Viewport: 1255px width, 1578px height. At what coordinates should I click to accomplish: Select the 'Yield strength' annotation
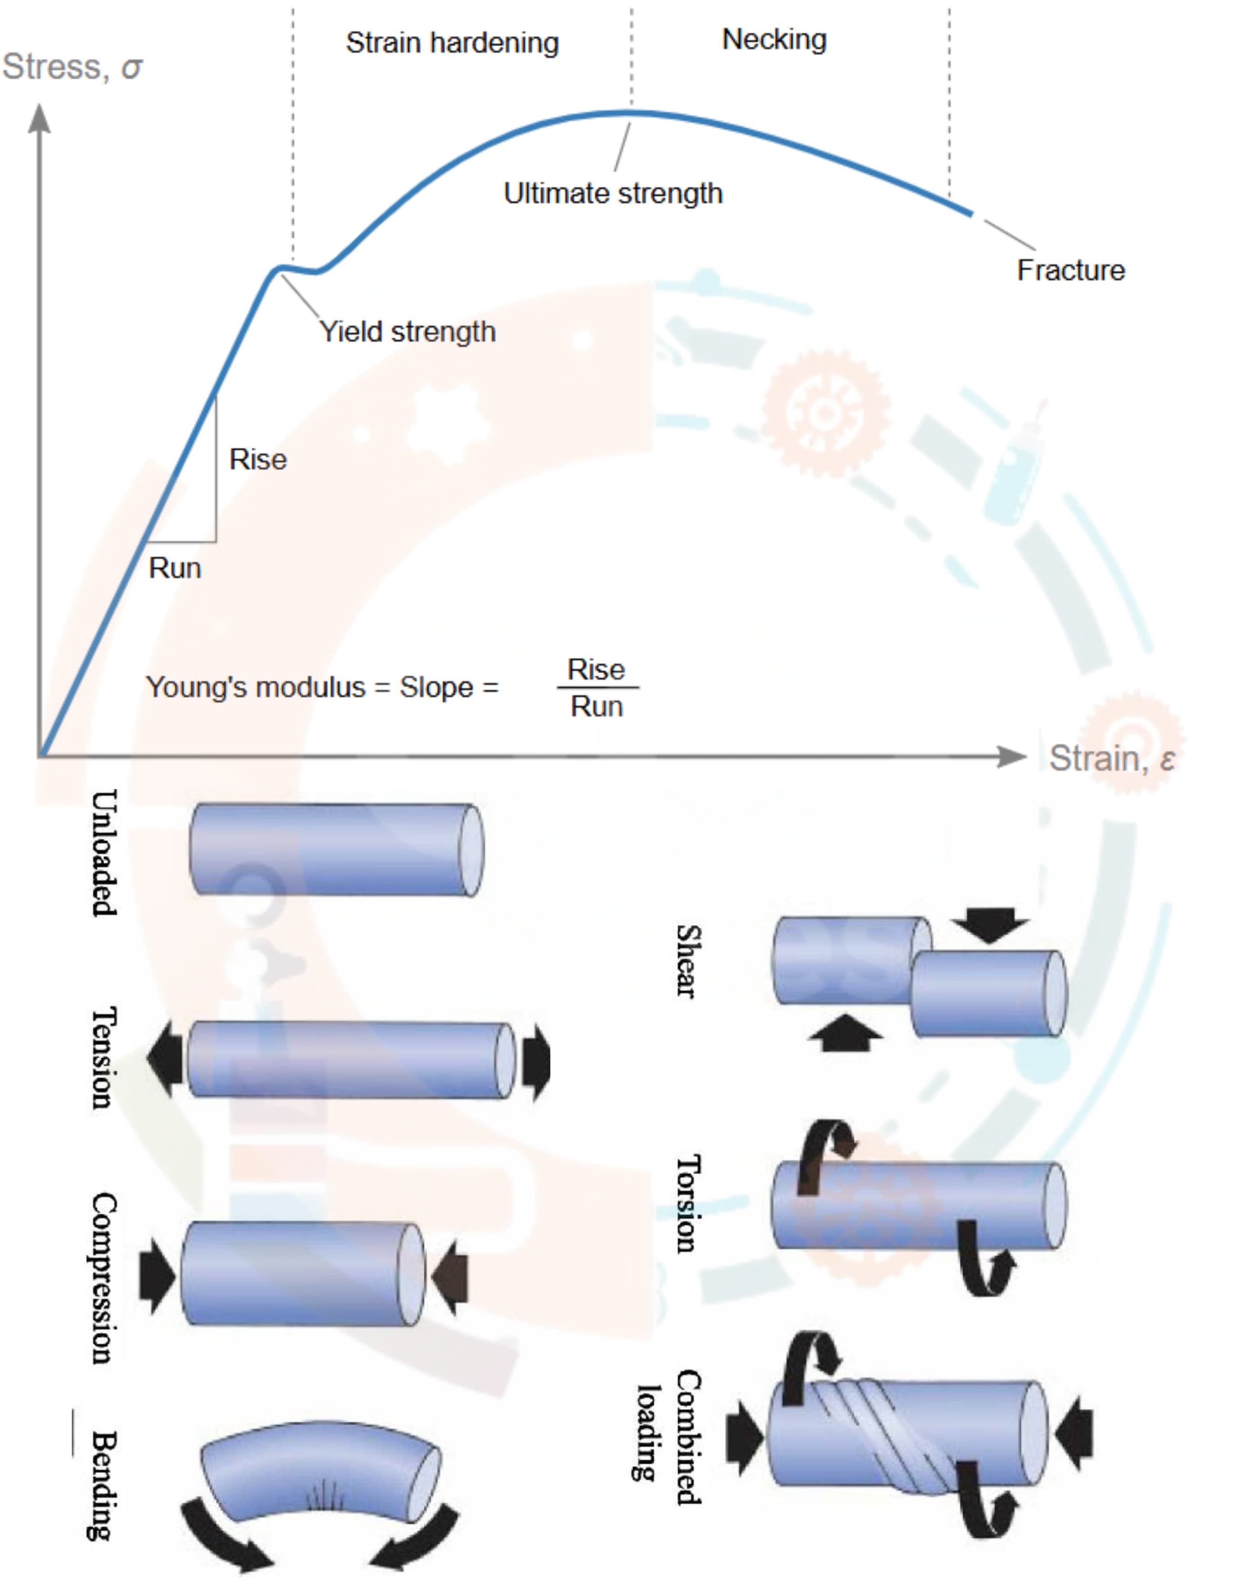click(x=408, y=331)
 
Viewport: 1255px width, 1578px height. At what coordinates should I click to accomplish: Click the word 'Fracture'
click(x=1070, y=270)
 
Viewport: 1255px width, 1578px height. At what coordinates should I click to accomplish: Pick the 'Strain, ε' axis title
click(x=1111, y=758)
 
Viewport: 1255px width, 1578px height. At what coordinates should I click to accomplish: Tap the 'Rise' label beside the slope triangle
click(x=258, y=460)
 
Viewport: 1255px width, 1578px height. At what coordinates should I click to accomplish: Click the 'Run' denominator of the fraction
click(x=597, y=707)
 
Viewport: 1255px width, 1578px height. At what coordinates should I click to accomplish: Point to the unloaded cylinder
click(x=336, y=849)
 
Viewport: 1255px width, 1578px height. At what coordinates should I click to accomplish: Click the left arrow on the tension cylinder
click(x=165, y=1058)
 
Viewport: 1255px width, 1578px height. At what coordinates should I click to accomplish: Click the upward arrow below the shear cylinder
click(x=845, y=1033)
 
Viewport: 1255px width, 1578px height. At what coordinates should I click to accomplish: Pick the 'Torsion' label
click(x=687, y=1203)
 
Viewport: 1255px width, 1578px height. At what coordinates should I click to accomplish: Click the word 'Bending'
click(x=102, y=1486)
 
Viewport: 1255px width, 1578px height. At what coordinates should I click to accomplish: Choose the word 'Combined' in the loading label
click(x=688, y=1438)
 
